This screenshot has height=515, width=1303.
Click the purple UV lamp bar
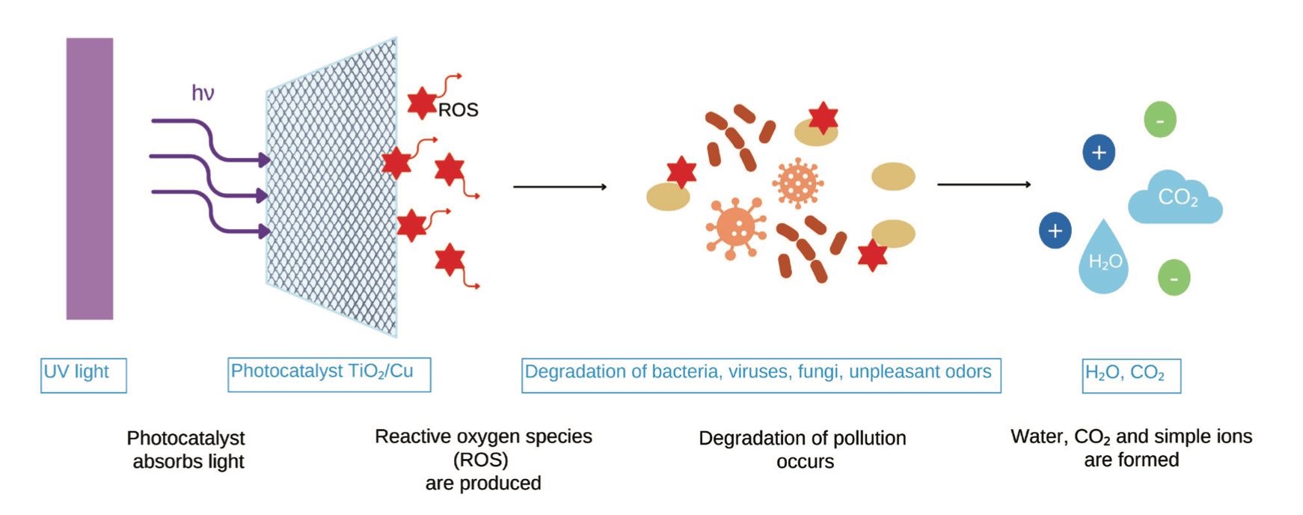90,179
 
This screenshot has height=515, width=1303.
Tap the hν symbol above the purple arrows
203,93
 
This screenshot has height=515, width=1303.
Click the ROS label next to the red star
458,110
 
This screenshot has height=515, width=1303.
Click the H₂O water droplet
1103,257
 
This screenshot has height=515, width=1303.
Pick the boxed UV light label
84,375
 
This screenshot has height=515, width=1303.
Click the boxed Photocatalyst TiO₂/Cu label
329,374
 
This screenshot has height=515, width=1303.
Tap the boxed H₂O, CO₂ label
1132,376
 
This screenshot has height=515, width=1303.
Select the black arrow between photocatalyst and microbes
559,186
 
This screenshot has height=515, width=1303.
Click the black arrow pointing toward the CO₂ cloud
984,184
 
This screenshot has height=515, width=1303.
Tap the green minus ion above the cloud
1160,120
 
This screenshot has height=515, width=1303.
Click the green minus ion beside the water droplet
1174,278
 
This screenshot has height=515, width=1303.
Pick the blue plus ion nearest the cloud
1099,153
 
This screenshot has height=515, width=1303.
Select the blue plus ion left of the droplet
1055,231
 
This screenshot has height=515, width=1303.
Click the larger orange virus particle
736,228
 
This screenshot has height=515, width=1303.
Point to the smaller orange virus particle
798,182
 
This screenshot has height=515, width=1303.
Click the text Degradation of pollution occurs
803,449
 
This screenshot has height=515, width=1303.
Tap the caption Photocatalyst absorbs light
187,449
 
